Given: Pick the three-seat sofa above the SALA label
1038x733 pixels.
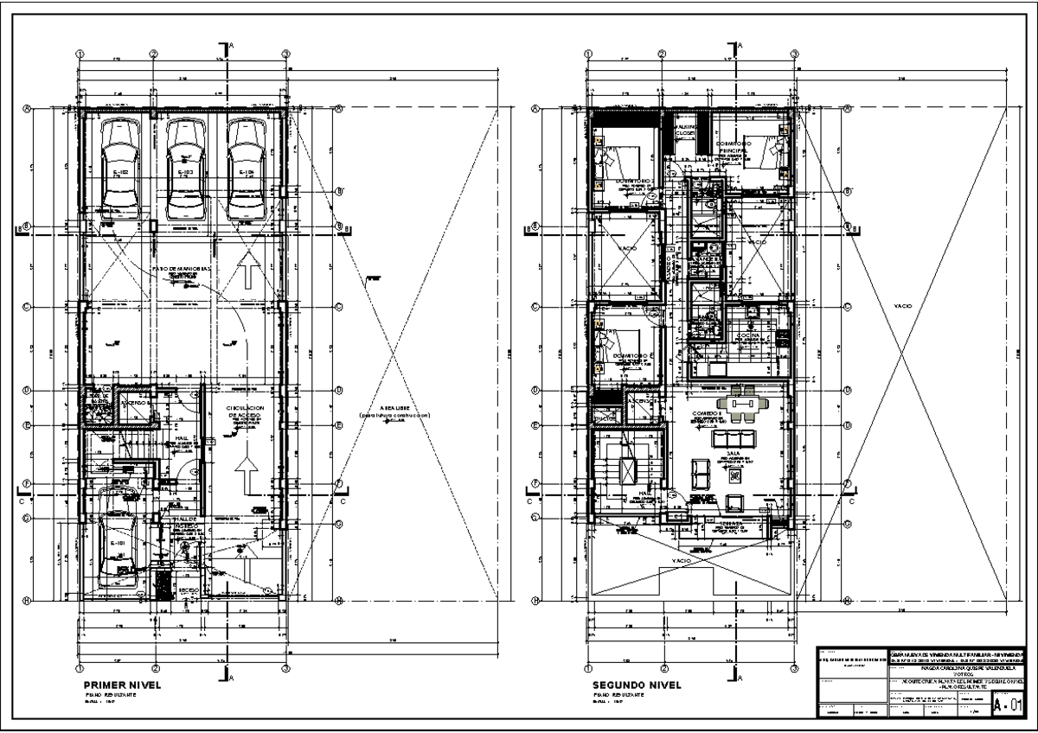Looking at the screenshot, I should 737,438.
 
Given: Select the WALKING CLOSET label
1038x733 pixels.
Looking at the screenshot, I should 685,130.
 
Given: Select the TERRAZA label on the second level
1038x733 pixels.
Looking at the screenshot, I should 727,524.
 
